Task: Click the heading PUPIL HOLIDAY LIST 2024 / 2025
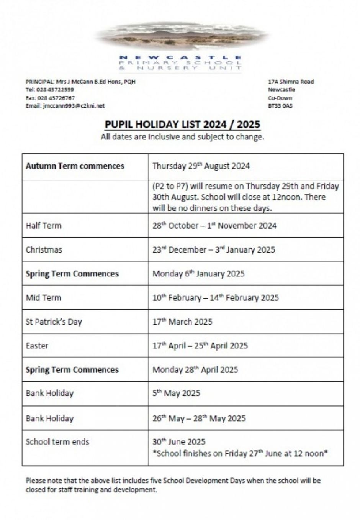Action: [182, 125]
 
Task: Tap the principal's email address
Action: [65, 106]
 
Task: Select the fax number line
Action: [50, 98]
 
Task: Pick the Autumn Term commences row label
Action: [75, 166]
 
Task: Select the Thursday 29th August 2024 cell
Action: [201, 166]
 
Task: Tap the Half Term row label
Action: [43, 225]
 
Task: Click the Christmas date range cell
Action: [214, 249]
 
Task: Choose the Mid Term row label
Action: [43, 298]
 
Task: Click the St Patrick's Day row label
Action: [54, 322]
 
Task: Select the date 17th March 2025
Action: [182, 322]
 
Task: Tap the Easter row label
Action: [37, 346]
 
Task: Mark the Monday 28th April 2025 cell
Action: [195, 370]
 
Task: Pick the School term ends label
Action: [57, 442]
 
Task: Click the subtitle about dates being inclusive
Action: [182, 137]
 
